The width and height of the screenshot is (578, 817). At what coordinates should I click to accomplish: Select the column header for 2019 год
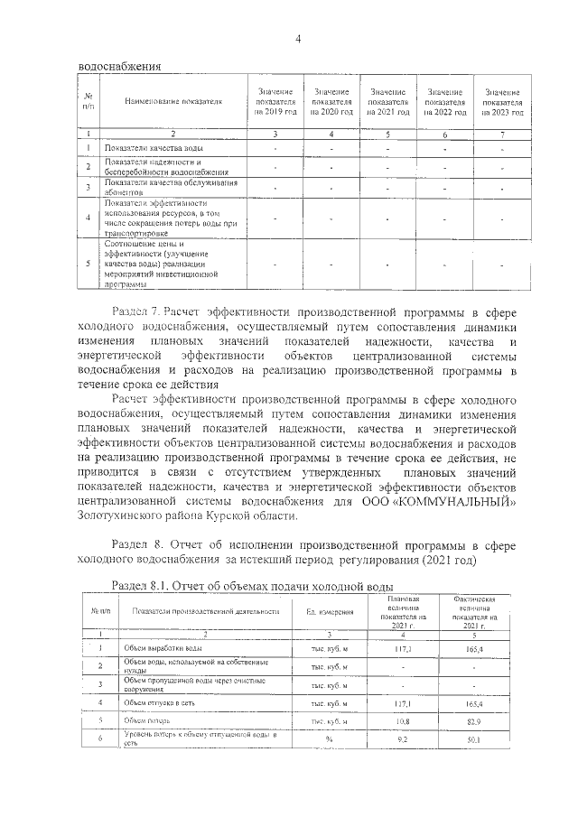275,102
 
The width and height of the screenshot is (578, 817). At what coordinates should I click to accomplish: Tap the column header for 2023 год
502,102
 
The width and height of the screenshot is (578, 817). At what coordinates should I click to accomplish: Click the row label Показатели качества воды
146,147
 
